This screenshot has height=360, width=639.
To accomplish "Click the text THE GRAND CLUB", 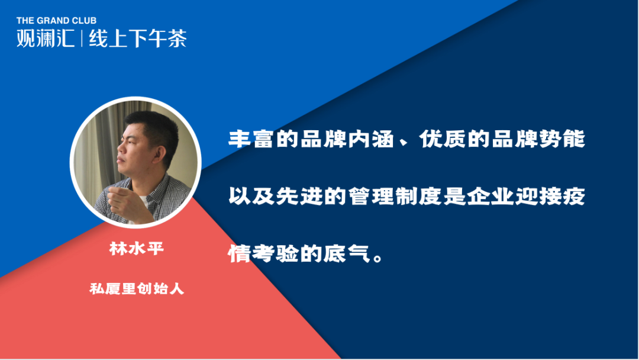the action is [x=57, y=20].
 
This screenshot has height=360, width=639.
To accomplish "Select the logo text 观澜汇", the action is [x=46, y=38].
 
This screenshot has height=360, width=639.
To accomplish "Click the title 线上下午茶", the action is [x=138, y=38].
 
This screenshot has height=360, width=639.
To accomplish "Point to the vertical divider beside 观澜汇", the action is [x=82, y=38].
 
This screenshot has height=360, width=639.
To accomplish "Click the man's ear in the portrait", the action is [x=160, y=154].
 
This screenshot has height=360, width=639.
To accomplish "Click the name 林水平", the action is [x=137, y=248].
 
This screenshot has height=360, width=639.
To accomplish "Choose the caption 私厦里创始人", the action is [x=137, y=289].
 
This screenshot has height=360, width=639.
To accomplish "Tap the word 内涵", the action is [x=371, y=139].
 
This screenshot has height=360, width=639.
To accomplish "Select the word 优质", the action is [x=443, y=139].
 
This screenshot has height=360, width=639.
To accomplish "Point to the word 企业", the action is [x=490, y=196].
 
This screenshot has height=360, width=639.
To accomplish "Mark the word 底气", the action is [x=347, y=253].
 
